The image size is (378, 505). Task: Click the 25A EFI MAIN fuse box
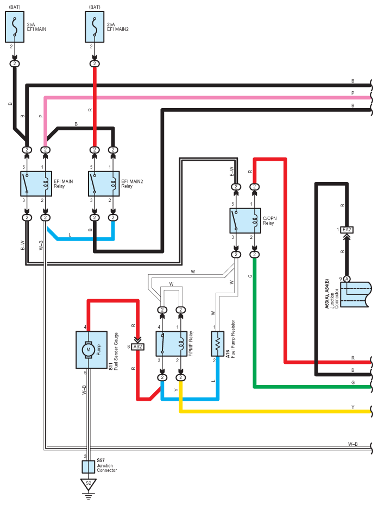[15, 27]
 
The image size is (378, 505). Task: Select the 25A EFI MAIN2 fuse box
[94, 27]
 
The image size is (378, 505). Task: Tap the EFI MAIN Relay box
[36, 184]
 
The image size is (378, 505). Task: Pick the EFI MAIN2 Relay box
[104, 184]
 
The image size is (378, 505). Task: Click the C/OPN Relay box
[245, 220]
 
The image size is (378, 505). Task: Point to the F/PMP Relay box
[172, 344]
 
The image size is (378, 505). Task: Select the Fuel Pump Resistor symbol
[218, 344]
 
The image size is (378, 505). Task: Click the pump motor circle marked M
[89, 350]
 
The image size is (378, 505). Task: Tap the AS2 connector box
[137, 347]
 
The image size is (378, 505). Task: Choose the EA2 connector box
[346, 230]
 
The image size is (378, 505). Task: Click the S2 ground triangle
[89, 484]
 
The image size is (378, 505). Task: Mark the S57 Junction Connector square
[89, 466]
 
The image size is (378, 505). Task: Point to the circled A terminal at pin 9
[346, 279]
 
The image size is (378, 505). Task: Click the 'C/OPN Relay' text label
[270, 220]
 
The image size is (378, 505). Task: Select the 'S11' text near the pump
[111, 366]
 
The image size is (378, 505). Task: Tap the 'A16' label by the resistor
[228, 354]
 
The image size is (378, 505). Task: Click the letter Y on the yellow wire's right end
[353, 407]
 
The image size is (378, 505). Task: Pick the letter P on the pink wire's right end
[353, 93]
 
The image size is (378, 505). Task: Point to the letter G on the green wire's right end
[353, 382]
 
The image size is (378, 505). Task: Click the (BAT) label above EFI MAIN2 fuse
[94, 7]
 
